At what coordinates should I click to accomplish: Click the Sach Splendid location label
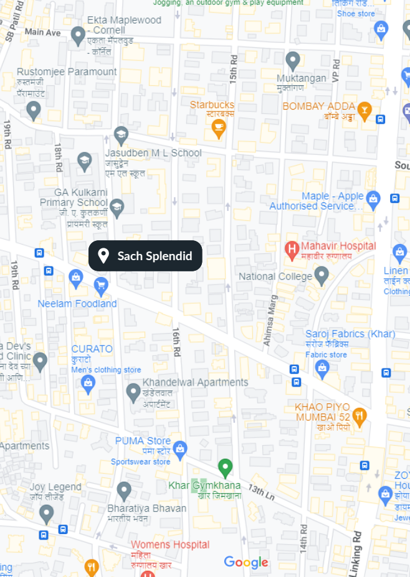(145, 256)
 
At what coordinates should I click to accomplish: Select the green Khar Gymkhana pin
(226, 467)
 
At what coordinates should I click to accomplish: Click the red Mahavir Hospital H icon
(291, 250)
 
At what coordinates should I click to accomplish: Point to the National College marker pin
(322, 275)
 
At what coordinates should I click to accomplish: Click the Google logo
(246, 563)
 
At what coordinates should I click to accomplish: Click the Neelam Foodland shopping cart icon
(101, 286)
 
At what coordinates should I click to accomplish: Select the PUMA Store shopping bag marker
(180, 448)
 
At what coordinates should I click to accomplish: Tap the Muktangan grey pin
(293, 60)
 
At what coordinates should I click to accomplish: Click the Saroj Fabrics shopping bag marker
(322, 369)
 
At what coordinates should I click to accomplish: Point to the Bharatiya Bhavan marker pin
(124, 490)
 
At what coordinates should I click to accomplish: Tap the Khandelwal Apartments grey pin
(133, 392)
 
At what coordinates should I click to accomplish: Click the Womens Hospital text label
(170, 545)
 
